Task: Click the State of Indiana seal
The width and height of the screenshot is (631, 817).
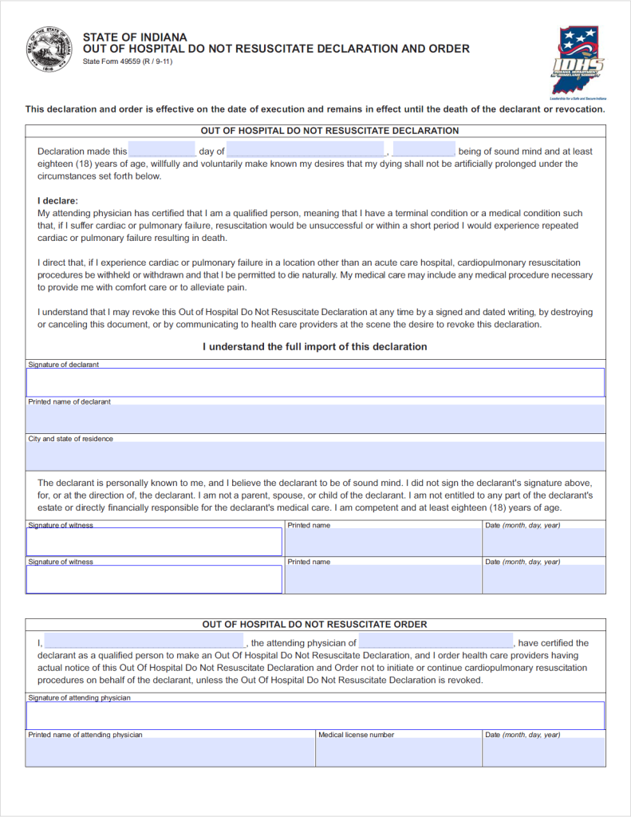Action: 49,49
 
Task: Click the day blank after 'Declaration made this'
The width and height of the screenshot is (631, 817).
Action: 162,150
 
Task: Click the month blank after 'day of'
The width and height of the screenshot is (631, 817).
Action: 306,150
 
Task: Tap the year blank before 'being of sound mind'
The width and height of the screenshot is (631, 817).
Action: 424,150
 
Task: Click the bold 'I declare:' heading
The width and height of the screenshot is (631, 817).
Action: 58,201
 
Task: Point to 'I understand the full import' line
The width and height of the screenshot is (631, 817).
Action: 315,347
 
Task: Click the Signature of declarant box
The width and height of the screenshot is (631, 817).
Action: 315,382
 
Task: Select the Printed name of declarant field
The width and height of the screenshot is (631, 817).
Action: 315,419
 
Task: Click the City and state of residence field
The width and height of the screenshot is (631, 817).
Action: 315,456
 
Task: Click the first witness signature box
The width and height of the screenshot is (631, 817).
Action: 154,542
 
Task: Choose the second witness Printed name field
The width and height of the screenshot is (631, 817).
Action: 383,579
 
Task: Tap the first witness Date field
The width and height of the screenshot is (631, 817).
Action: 543,543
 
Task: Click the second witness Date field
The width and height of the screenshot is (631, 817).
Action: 543,579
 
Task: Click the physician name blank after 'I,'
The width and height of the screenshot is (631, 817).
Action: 144,642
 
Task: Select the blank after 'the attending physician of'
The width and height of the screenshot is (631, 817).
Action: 436,642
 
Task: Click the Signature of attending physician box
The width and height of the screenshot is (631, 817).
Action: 315,715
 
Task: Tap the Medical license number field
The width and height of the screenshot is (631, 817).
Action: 398,752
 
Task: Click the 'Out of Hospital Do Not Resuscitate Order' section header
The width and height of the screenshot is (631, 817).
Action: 315,624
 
